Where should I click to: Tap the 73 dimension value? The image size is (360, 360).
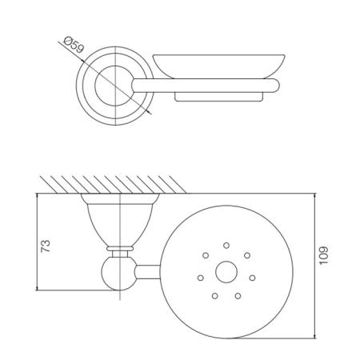point(46,246)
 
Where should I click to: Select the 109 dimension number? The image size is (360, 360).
point(324,255)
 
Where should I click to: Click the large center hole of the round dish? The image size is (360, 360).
point(226,272)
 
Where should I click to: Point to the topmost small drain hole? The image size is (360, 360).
point(226,246)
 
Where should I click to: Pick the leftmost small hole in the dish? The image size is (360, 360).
point(201,278)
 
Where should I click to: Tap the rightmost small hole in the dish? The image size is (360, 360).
point(252,278)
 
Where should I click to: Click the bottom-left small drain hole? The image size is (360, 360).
point(215,296)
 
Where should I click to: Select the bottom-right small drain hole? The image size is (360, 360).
point(238,296)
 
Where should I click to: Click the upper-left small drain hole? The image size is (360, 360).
point(206,255)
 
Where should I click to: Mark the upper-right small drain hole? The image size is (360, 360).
point(247,255)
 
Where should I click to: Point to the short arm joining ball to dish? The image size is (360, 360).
point(148,272)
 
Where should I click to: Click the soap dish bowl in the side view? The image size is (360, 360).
point(218,66)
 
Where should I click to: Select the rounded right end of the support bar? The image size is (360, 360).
point(274,86)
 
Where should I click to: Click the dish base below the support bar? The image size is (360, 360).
point(218,97)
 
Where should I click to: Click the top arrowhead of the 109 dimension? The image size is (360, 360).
point(315,196)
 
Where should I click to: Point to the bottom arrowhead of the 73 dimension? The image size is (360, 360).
point(37,287)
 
